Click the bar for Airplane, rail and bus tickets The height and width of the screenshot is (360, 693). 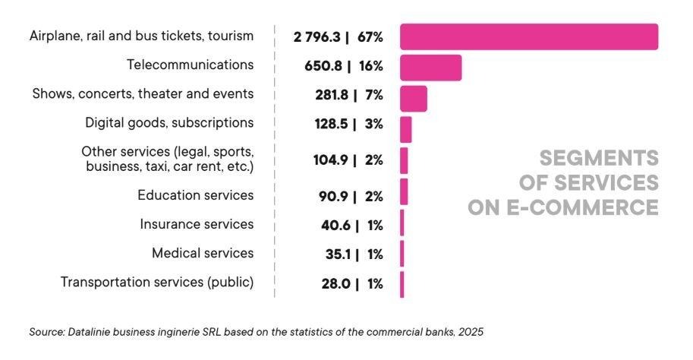[528, 36]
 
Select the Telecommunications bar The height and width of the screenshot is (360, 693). [430, 68]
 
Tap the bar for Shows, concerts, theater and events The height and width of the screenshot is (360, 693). [413, 99]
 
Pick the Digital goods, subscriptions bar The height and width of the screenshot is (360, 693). [405, 129]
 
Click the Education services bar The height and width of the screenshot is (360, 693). [404, 191]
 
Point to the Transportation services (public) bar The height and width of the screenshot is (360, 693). [402, 285]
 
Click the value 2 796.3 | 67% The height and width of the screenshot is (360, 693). [338, 36]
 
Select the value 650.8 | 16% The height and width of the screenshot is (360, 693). [343, 66]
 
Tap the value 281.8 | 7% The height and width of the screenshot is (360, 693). [348, 96]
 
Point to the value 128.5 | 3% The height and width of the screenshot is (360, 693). [348, 124]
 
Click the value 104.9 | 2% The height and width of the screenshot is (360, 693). [348, 160]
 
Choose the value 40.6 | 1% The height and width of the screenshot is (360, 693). [351, 226]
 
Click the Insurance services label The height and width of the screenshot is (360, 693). [197, 224]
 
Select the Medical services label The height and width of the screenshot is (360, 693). [203, 253]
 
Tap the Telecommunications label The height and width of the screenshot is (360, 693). [190, 65]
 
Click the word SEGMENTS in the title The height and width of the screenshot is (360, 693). [598, 158]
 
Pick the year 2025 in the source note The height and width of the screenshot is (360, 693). [471, 332]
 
